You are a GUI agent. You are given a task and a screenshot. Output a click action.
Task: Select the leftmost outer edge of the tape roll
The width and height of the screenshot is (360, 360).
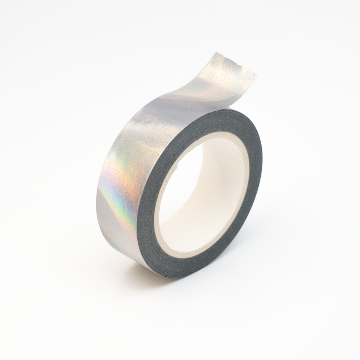pos(97,201)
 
